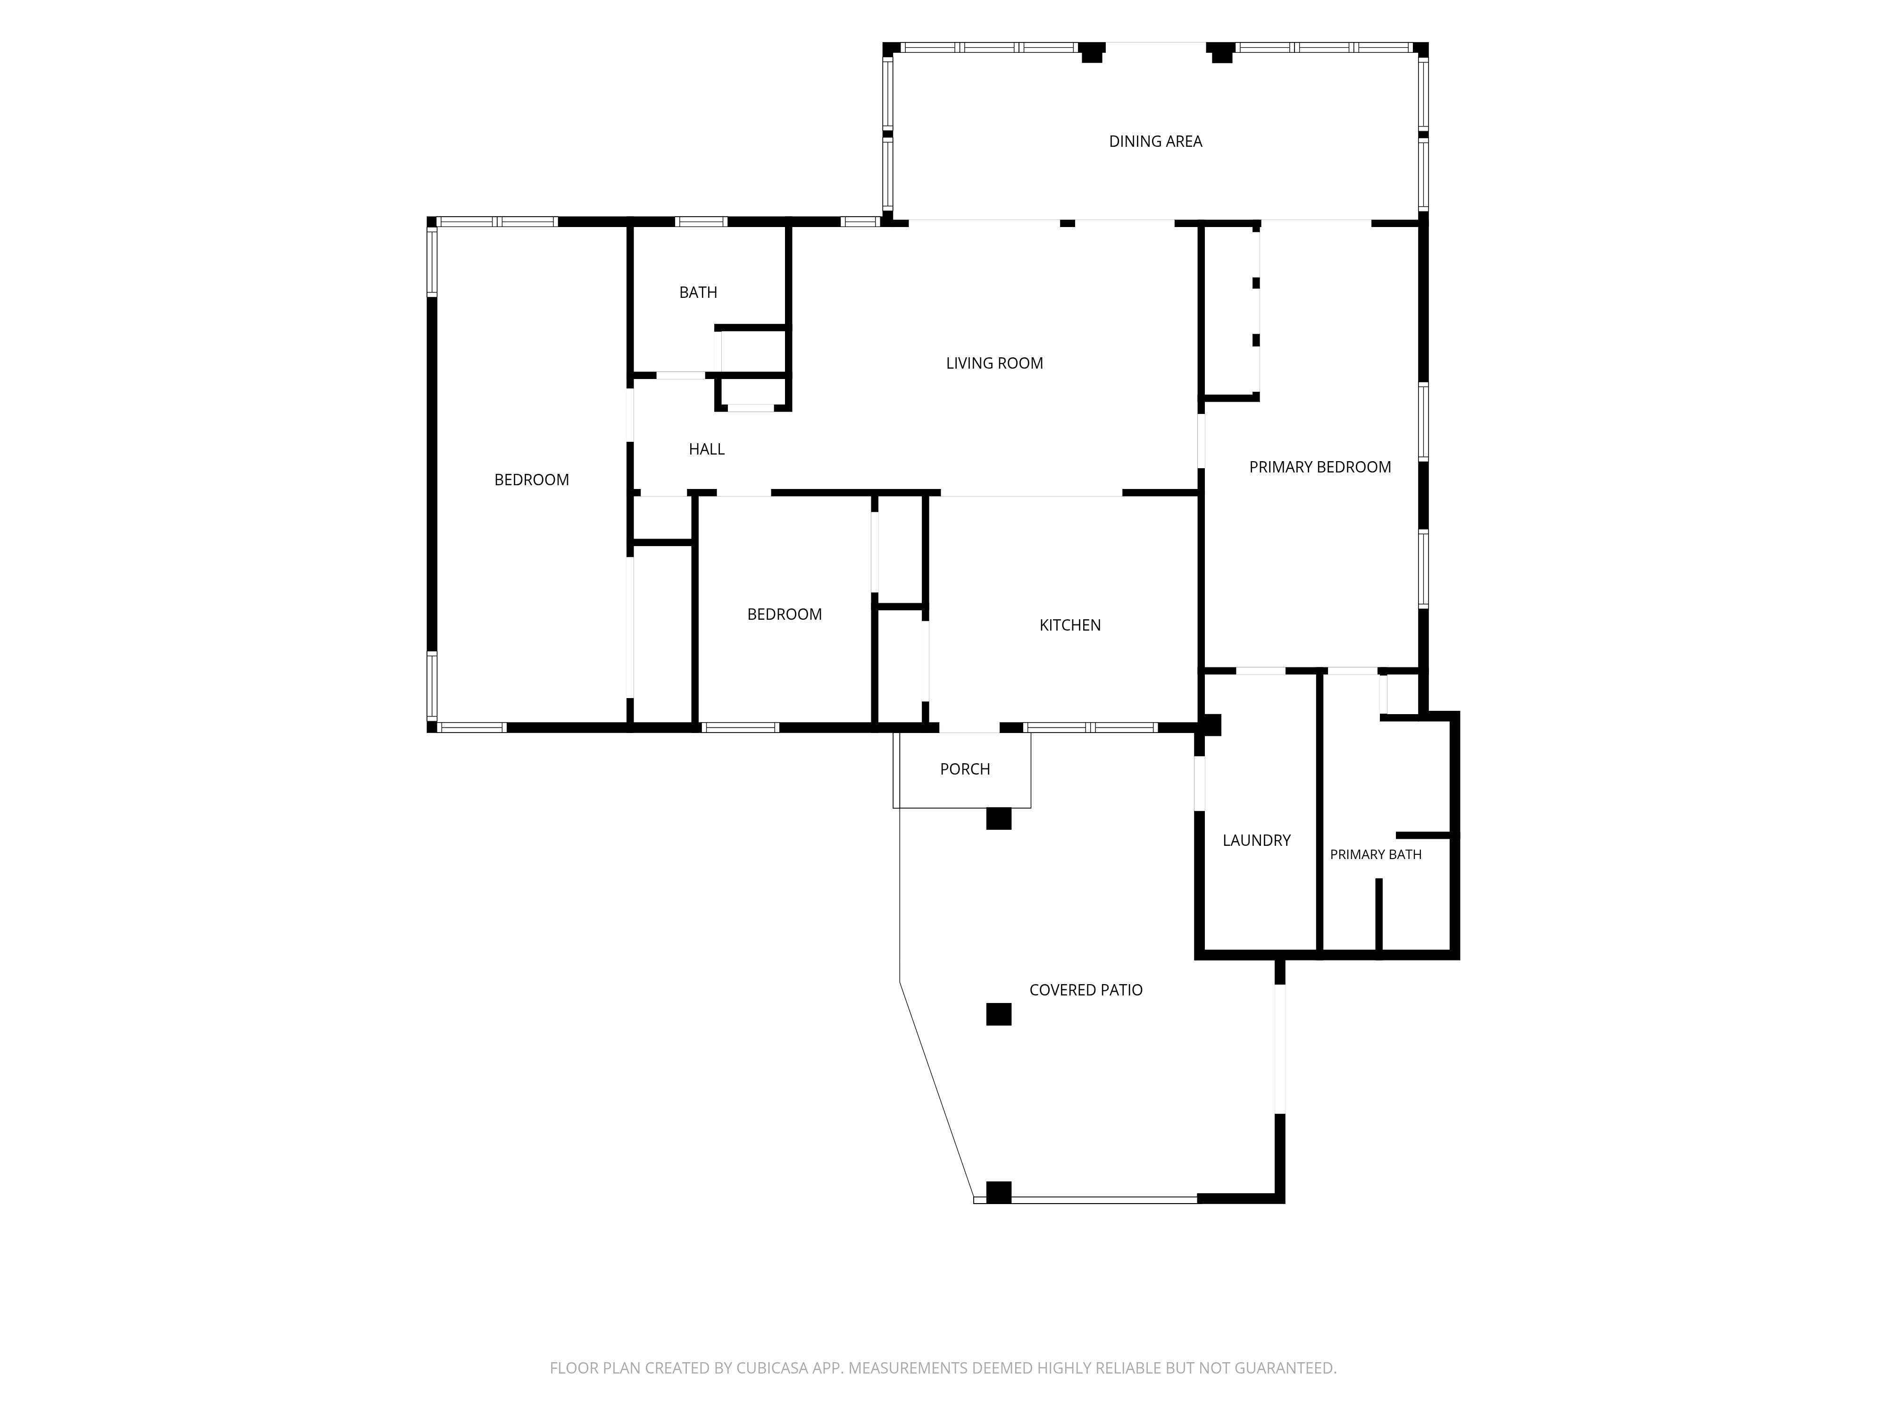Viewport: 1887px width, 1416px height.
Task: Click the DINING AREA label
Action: [1155, 142]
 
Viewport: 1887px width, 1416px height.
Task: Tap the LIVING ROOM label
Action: [994, 363]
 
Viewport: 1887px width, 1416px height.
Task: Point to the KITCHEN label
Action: [1070, 625]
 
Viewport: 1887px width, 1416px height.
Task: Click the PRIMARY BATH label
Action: [1375, 854]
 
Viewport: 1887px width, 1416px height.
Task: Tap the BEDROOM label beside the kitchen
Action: [784, 615]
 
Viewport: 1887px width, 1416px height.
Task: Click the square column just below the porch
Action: [998, 818]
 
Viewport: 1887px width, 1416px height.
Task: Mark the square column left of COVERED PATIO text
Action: [998, 1014]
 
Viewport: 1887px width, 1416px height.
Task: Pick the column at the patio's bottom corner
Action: [998, 1192]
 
